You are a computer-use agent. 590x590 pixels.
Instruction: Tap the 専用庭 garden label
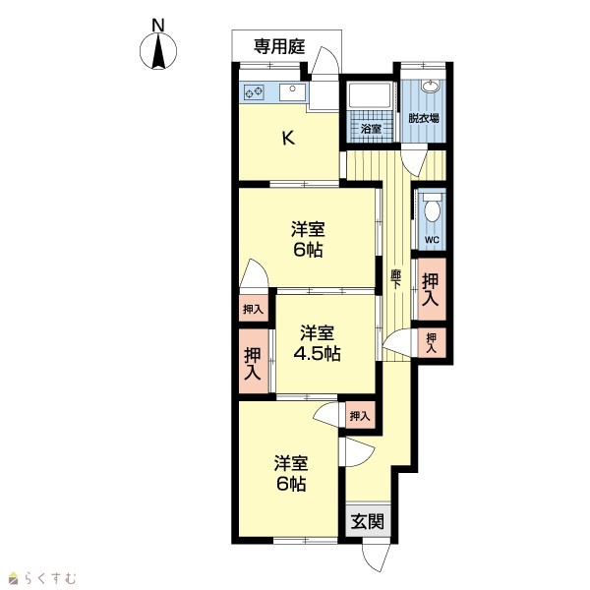pos(279,47)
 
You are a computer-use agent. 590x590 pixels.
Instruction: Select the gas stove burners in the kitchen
pos(254,92)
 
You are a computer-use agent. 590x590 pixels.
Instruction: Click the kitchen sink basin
pos(292,92)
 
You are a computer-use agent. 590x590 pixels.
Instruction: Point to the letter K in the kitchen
pos(288,139)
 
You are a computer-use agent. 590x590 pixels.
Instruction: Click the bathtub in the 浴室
pos(370,95)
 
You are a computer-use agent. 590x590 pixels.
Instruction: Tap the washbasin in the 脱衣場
pos(430,87)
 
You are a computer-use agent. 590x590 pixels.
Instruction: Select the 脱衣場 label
pos(424,118)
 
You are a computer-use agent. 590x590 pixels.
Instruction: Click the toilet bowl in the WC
pos(432,208)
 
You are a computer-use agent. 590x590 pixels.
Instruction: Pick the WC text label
pos(432,239)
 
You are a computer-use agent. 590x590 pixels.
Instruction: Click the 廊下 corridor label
pos(395,279)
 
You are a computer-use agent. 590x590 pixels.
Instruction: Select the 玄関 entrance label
pos(368,521)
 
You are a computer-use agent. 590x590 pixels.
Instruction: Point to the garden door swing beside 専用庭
pos(325,60)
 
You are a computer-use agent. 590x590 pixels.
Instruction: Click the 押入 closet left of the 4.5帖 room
pos(253,362)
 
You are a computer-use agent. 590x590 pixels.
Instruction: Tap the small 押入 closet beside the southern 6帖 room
pos(360,416)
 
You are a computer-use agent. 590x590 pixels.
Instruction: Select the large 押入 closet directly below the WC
pos(432,289)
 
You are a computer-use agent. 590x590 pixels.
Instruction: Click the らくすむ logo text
pos(50,577)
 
